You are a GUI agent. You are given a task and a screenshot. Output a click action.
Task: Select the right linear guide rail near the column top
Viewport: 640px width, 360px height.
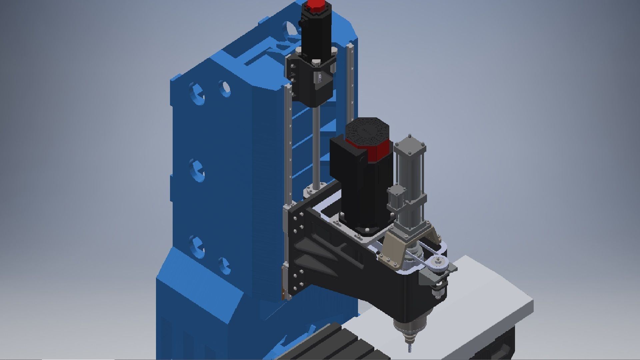click(350, 77)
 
